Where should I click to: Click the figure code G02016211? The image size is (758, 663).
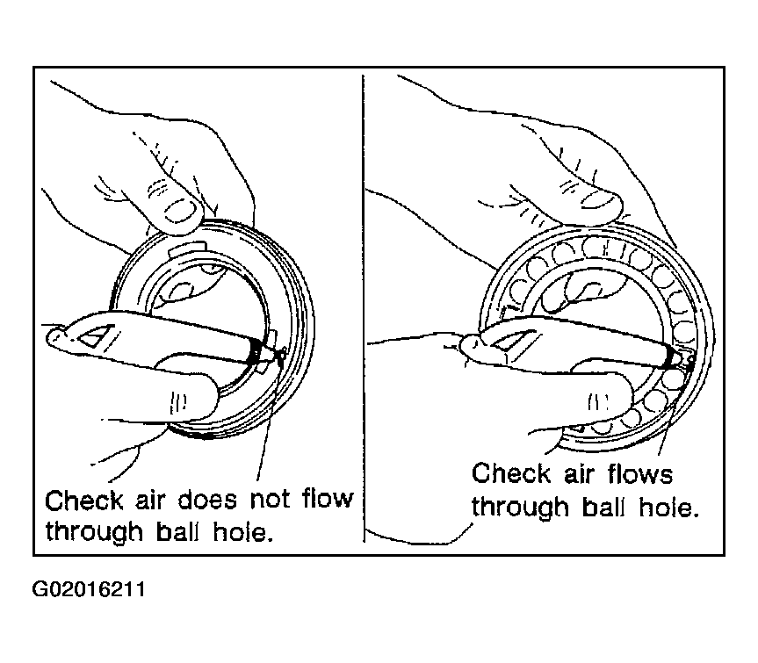89,590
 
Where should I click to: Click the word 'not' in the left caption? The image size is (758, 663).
271,500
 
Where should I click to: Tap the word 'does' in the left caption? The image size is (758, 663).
208,500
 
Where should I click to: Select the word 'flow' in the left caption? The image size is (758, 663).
328,499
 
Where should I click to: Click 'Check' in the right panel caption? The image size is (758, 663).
511,473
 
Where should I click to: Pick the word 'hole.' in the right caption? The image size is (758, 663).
669,507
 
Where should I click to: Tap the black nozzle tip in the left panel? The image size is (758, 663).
255,352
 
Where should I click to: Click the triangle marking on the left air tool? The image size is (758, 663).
97,335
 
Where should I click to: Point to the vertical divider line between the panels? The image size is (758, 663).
364,308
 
